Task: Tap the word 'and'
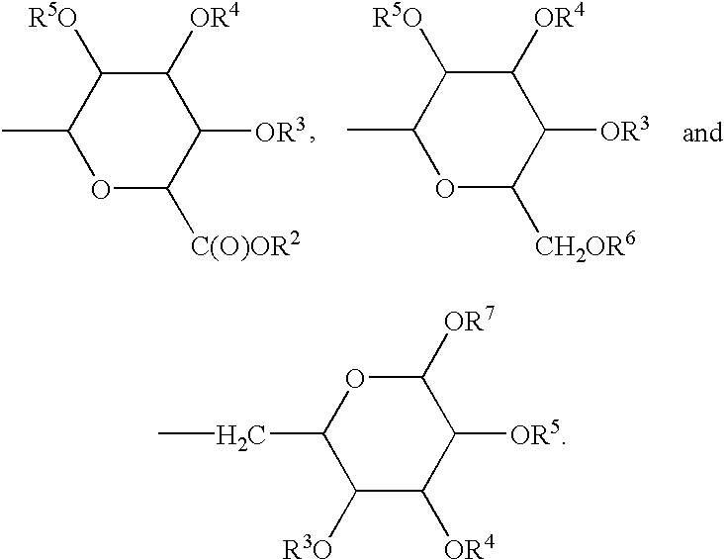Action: [702, 133]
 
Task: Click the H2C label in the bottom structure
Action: [240, 436]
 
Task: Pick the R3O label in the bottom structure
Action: [308, 548]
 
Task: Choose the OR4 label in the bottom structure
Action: [469, 547]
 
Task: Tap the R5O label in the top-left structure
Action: [52, 20]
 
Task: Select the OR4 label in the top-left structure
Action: [216, 19]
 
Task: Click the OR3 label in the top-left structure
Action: [281, 132]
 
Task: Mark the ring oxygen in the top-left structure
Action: [101, 190]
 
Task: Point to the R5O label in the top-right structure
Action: [397, 19]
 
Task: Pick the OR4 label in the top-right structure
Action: [560, 18]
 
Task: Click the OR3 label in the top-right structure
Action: [625, 131]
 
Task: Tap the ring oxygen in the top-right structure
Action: [445, 189]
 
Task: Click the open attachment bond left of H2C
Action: [187, 433]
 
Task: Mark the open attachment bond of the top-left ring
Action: [36, 131]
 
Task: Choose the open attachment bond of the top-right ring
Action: [380, 130]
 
